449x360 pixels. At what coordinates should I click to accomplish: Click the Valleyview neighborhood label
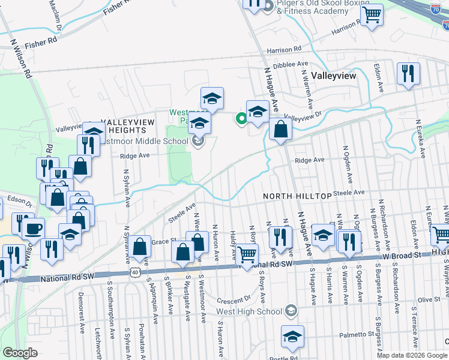[x=334, y=76]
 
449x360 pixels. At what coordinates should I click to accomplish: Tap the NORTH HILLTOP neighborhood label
[x=297, y=196]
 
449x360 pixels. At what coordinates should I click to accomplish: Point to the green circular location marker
[x=241, y=118]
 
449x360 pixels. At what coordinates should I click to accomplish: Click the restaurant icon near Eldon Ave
[x=408, y=74]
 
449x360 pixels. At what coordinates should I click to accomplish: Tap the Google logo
[x=20, y=353]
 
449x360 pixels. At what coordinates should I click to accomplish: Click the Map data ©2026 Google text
[x=412, y=355]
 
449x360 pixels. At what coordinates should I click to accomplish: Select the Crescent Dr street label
[x=234, y=299]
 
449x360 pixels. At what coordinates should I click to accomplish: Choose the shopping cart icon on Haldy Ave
[x=246, y=255]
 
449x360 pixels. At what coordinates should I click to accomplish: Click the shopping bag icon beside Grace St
[x=141, y=247]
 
